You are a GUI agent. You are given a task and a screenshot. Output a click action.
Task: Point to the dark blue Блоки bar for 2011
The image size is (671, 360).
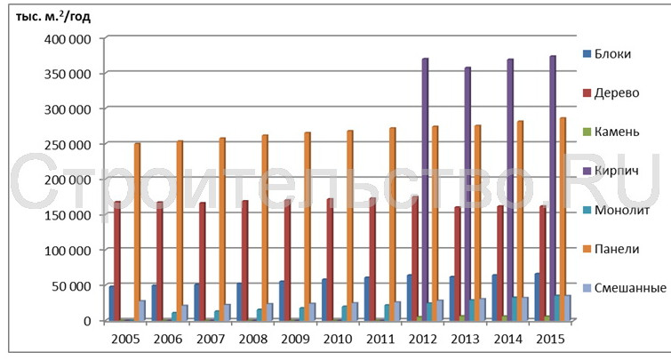coord(366,299)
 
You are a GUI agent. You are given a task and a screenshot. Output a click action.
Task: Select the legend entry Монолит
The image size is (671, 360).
coord(616,210)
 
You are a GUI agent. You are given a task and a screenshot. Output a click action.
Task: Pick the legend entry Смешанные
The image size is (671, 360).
coord(623,287)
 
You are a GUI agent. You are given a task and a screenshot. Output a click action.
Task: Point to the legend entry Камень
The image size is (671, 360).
coord(612,132)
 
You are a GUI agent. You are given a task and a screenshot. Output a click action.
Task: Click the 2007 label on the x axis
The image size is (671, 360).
coord(211,338)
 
